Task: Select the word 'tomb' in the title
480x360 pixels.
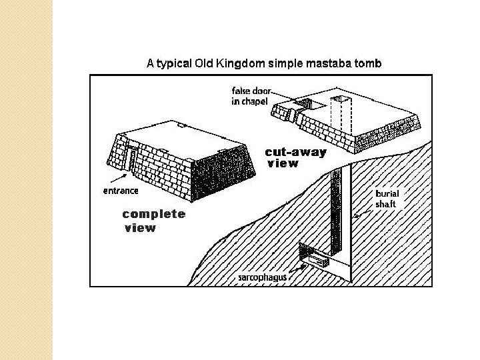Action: (x=368, y=64)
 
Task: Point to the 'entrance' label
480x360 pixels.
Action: (x=121, y=191)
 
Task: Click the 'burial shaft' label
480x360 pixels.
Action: (x=386, y=199)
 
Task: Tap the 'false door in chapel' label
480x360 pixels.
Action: (x=251, y=95)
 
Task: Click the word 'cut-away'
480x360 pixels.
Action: (x=295, y=152)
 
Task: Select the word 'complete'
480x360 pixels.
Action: (x=154, y=214)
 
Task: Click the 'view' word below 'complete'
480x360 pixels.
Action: (x=140, y=228)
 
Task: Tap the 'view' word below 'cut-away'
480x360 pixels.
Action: (x=283, y=164)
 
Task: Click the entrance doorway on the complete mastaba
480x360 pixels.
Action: (x=132, y=160)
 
